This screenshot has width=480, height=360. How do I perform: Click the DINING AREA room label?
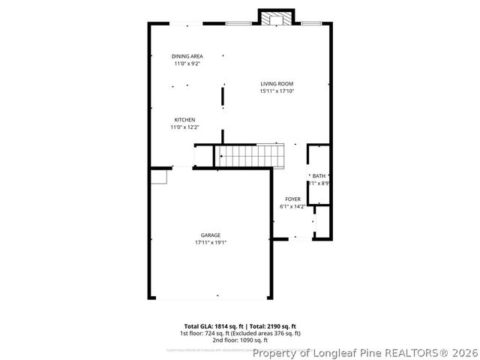pos(187,56)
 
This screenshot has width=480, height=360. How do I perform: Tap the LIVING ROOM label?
pos(277,83)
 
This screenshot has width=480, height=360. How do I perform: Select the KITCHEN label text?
pos(185,120)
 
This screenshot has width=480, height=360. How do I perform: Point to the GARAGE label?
pos(210,235)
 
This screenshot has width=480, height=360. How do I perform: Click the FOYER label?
pos(292,199)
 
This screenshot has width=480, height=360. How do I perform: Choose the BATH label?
pos(319,175)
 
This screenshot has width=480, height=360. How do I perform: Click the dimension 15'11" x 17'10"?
pos(277,91)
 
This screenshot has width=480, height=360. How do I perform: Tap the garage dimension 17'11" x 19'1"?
pos(210,243)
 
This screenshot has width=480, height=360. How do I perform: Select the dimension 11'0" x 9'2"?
pos(187,64)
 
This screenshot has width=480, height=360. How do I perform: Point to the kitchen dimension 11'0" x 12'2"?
pos(185,127)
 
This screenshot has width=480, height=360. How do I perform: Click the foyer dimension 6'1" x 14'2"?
pos(292,207)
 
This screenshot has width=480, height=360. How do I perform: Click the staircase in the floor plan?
pos(251,156)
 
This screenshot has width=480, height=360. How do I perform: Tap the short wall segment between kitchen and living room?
pos(223,96)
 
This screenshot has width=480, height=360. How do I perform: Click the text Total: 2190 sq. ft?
pos(274,326)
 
